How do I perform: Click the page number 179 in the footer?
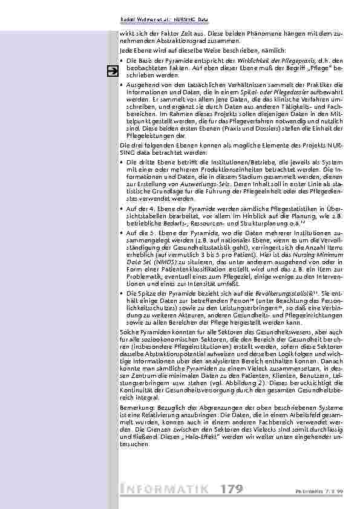pos(232,488)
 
